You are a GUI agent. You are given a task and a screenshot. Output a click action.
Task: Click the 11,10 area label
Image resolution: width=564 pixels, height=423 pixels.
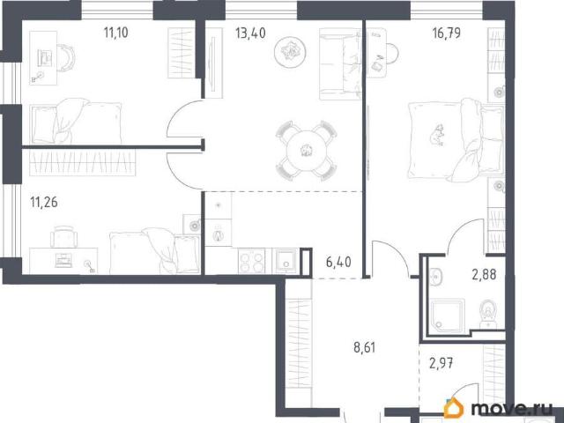click(115, 33)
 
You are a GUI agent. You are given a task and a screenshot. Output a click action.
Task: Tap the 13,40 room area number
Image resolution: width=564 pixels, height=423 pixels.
click(250, 33)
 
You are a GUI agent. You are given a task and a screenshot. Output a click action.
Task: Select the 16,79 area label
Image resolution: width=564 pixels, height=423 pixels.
click(447, 33)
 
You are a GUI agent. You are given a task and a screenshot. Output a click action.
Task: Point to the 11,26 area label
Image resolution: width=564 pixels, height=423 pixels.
click(44, 202)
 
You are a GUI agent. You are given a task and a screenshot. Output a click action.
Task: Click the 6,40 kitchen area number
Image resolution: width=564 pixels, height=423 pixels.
click(338, 262)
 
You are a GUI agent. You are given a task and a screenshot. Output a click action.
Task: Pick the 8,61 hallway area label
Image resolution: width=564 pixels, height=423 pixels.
click(364, 347)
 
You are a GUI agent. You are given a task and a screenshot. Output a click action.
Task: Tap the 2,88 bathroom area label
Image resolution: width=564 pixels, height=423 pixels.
click(484, 274)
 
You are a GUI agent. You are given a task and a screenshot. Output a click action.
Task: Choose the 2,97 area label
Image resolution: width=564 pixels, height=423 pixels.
click(442, 363)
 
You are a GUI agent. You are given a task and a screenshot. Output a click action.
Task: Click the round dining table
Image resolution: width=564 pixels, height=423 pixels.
click(306, 150)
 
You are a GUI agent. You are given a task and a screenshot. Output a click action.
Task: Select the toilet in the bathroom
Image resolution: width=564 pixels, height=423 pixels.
click(488, 314)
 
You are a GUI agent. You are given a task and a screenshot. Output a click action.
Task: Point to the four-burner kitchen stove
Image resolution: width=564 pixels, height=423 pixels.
click(251, 261)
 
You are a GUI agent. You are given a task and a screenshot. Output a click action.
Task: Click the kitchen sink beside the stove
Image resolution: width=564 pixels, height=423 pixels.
click(286, 261)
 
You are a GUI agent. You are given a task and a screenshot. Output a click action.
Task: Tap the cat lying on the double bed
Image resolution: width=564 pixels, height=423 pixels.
click(437, 135)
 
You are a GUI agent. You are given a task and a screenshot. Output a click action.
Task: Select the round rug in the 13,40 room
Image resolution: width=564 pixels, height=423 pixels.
click(290, 52)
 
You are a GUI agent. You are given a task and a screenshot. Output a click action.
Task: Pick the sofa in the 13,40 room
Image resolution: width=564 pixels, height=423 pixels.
click(340, 64)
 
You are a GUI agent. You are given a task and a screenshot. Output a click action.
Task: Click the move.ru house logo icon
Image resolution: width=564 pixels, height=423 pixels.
click(454, 408)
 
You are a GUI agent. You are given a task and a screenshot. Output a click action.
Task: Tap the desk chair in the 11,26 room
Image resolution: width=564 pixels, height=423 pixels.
click(64, 236)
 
